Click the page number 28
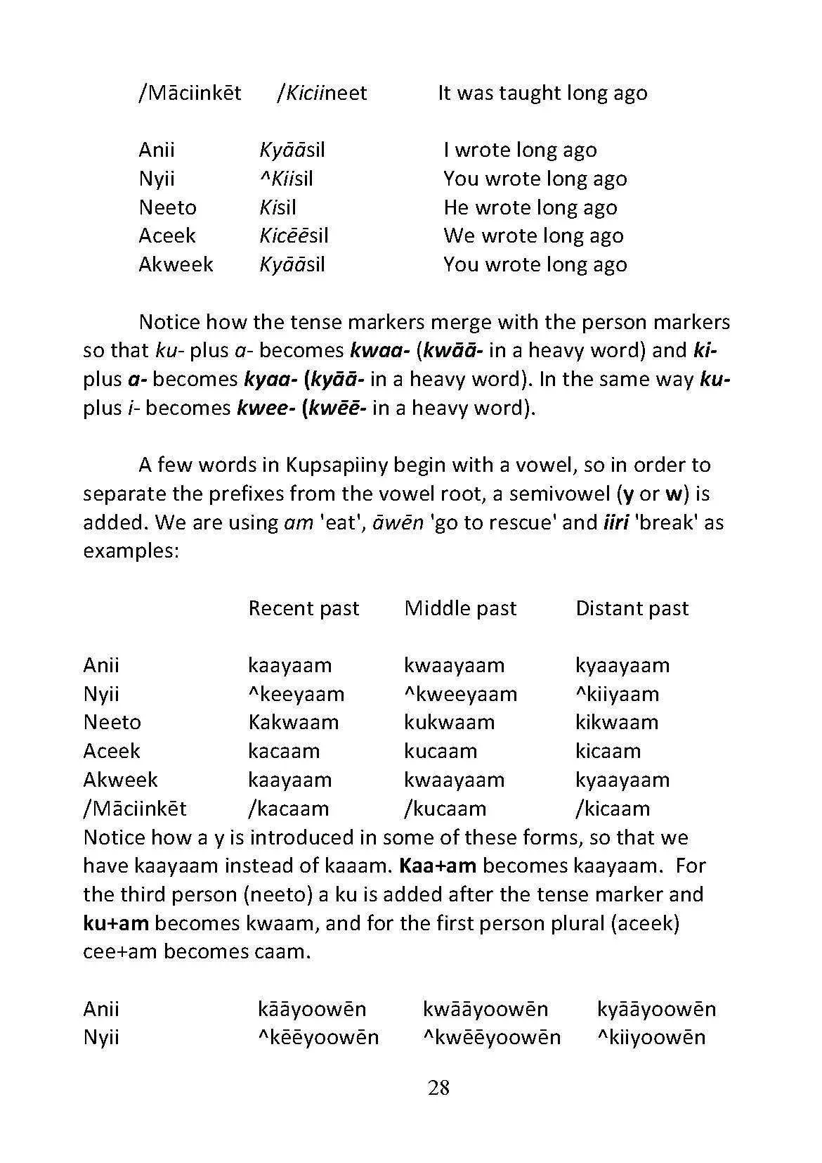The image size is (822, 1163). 438,1088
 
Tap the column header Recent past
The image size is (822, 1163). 304,608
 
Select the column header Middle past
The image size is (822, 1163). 460,608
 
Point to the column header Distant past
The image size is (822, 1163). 632,608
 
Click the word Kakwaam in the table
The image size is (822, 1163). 293,722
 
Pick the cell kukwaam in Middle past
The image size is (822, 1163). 449,722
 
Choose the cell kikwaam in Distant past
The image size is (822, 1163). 616,722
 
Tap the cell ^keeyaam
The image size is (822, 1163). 296,694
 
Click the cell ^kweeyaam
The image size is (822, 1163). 460,694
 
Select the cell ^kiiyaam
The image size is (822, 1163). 617,694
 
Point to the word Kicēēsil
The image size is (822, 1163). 294,236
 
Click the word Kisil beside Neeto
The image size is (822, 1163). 278,207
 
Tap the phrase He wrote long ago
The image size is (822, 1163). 530,207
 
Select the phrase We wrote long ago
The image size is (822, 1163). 533,236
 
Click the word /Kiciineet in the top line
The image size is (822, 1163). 322,93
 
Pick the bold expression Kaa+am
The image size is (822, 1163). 438,866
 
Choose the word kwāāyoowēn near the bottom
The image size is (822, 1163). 485,1009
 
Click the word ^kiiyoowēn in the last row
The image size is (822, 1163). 651,1037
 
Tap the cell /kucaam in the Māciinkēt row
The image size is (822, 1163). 445,809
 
